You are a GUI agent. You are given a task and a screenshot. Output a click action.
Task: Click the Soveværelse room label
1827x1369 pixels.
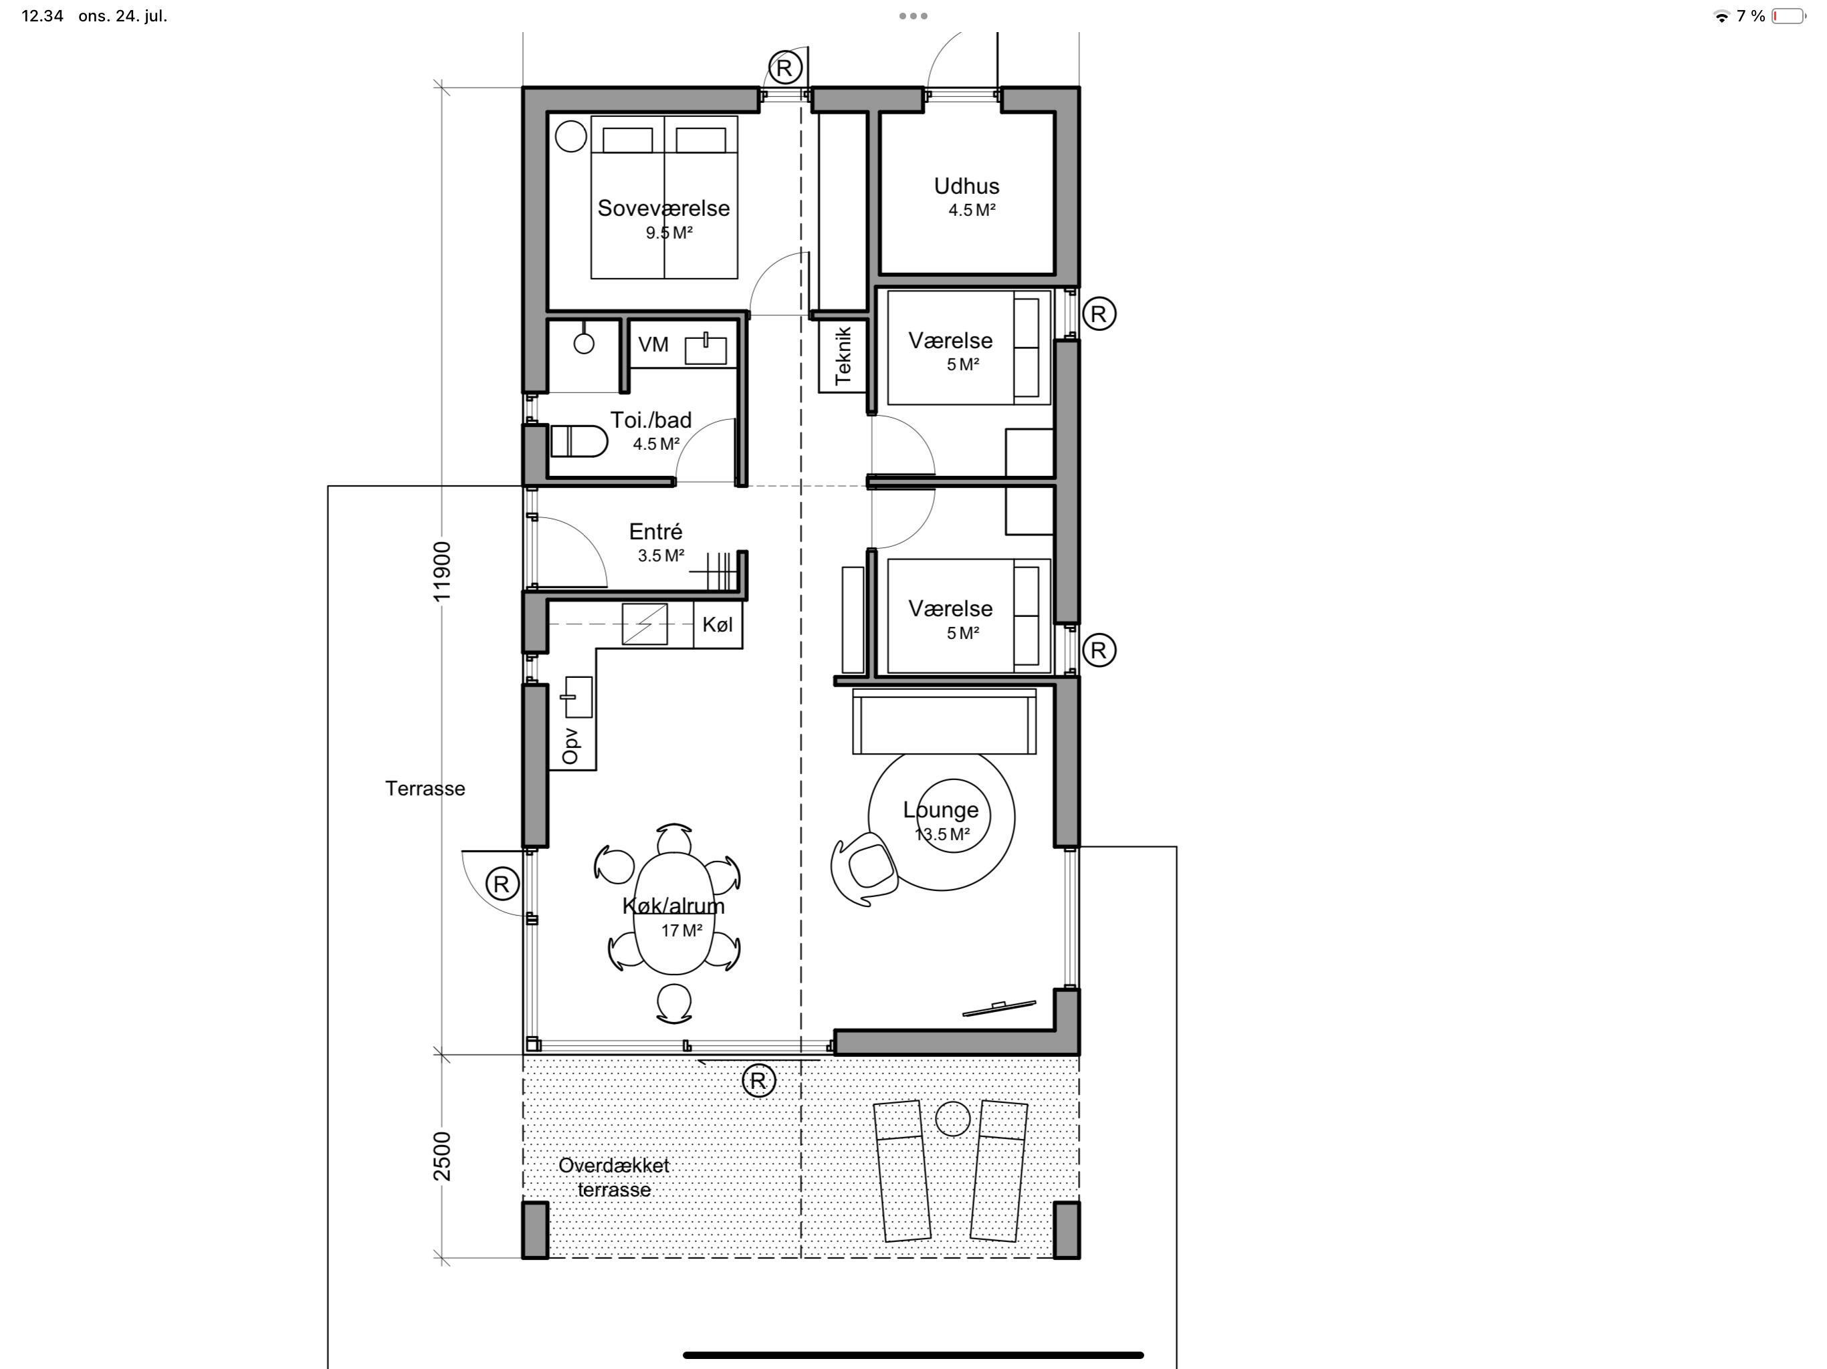click(663, 208)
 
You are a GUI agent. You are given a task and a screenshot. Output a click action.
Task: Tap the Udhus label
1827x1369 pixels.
click(966, 186)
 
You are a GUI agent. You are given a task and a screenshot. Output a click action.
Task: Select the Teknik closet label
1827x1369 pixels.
click(843, 356)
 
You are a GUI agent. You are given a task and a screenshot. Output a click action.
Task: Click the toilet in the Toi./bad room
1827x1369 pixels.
click(578, 441)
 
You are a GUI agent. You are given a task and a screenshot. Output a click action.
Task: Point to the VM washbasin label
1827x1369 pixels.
click(653, 344)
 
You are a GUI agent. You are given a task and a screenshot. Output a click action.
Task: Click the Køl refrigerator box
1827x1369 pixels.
click(718, 624)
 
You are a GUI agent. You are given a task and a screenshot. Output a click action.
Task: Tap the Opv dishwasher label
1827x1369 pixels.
click(570, 745)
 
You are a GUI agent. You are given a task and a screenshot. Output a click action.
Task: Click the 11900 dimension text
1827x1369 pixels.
click(443, 572)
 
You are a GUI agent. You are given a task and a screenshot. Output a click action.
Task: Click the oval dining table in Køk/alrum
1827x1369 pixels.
click(674, 913)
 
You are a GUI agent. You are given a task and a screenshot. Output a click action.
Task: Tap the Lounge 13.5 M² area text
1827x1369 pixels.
click(942, 834)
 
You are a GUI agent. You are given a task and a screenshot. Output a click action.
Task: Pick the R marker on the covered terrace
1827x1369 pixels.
click(759, 1080)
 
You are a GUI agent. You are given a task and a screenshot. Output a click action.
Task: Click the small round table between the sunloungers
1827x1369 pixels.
click(952, 1119)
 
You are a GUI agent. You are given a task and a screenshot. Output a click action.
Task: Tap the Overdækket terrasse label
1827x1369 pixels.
click(614, 1177)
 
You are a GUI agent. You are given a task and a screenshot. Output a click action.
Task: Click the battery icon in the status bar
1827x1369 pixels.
click(1788, 15)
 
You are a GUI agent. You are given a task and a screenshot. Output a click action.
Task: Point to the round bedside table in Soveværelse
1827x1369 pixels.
click(570, 136)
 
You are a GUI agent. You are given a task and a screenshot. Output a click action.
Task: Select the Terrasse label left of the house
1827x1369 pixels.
click(425, 789)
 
